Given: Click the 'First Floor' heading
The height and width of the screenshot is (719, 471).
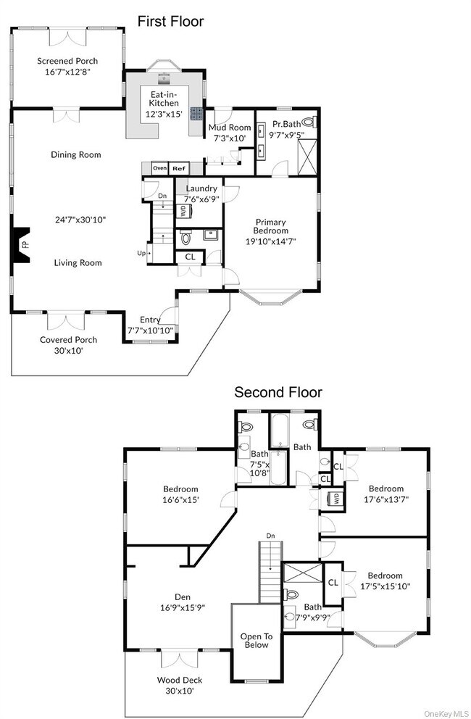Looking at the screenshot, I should coord(170,22).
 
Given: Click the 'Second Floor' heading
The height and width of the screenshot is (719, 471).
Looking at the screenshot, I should coord(278,392).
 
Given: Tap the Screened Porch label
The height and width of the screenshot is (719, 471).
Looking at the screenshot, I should coord(67,62).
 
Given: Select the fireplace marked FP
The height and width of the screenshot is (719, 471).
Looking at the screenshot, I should coord(23,245).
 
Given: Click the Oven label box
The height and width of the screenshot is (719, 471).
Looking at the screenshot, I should coord(159,168).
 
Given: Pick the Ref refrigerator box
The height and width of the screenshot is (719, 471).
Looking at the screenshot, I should coord(178,168).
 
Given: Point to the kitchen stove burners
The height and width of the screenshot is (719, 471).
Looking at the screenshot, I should coord(196,113).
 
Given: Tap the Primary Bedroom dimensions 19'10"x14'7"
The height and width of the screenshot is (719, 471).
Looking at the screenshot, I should coord(270,241).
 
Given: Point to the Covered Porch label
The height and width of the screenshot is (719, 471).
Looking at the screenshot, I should coord(68,339).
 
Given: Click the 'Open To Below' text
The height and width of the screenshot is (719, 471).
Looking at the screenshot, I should coord(254,640).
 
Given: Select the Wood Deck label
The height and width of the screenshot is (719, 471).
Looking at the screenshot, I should coord(180,680).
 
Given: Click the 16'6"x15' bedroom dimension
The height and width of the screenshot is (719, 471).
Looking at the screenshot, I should coord(180,499).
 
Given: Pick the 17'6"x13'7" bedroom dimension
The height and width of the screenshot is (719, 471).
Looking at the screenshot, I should coord(385,499).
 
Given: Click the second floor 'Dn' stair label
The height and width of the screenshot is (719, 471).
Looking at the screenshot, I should coord(270,536).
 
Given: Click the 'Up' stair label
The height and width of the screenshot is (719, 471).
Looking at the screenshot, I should coord(141,253).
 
